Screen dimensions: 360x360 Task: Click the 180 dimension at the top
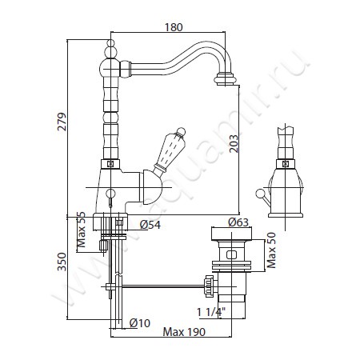point(174,27)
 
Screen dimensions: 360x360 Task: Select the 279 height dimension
point(62,122)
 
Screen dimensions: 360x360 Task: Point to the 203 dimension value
point(234,144)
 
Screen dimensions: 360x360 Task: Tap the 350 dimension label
point(62,262)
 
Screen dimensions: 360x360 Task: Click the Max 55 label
point(81,230)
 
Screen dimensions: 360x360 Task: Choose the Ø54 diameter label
point(150,225)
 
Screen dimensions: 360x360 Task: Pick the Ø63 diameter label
point(238,222)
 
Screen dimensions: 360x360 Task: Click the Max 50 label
point(271,250)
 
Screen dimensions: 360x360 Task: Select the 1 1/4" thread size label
point(211,312)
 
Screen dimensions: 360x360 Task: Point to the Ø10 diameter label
point(140,323)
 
